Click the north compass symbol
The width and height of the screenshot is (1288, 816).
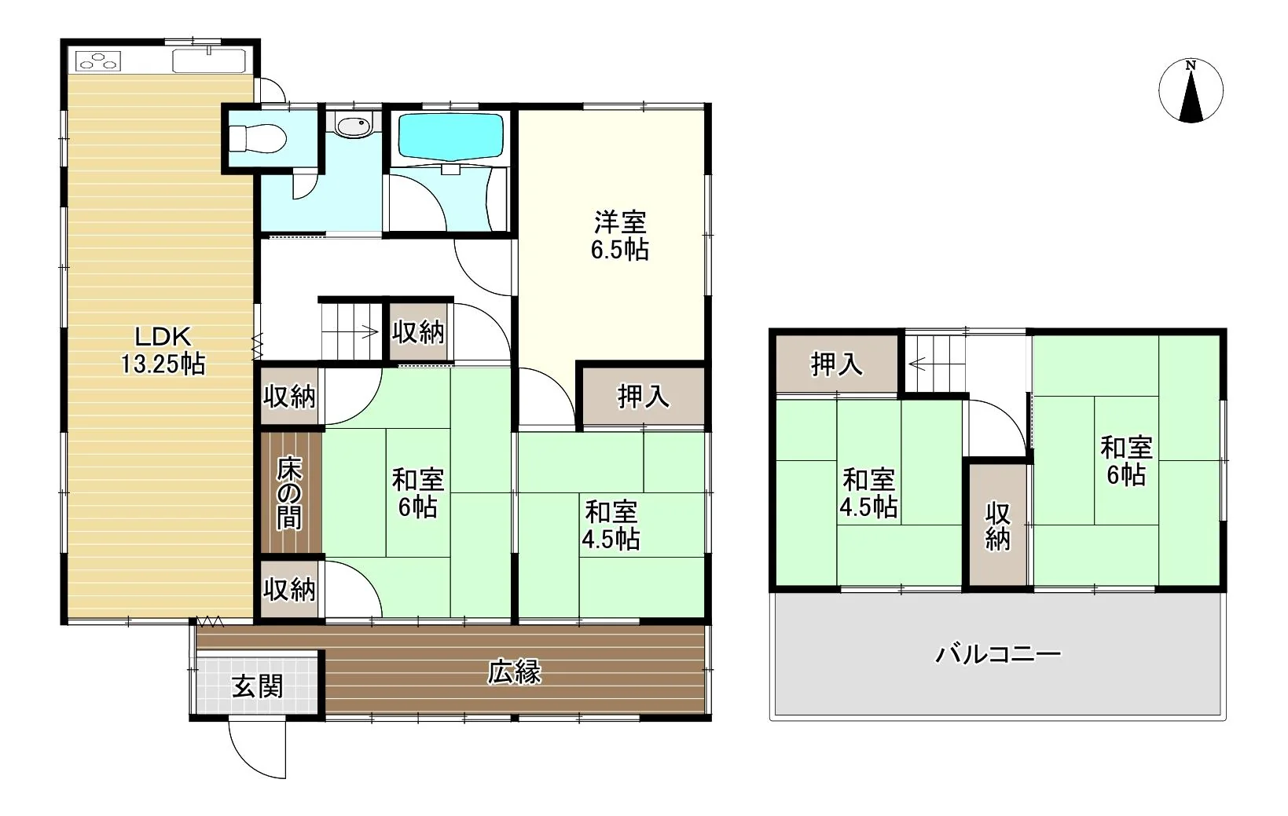[x=1191, y=91]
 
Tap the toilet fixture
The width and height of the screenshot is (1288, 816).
[x=258, y=138]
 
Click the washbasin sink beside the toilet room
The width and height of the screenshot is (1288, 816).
[x=353, y=126]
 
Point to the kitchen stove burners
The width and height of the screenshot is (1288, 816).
[x=97, y=61]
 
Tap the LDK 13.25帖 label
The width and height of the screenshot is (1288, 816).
[x=163, y=350]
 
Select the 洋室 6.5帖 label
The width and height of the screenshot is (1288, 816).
[x=620, y=236]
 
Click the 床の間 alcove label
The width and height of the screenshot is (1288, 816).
[x=288, y=493]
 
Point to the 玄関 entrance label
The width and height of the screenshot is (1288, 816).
[x=258, y=686]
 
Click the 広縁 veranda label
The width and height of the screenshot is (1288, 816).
[x=515, y=672]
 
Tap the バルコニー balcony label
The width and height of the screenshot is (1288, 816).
[x=997, y=654]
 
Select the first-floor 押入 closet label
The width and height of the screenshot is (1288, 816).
[x=644, y=397]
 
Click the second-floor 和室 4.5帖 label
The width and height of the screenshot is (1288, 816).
[x=868, y=494]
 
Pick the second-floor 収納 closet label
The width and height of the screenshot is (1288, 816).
[x=997, y=526]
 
